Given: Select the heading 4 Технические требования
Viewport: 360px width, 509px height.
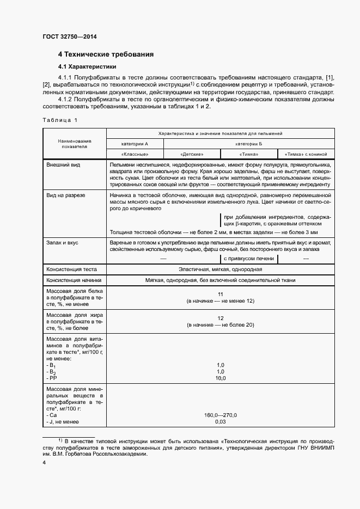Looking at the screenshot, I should (106, 54).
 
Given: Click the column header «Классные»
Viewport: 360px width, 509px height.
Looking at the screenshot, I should (135, 155).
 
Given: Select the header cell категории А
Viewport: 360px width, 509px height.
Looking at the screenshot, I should (135, 143).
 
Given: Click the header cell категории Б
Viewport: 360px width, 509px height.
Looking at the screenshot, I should (249, 143).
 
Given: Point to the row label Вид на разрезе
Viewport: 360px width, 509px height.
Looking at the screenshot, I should (66, 195).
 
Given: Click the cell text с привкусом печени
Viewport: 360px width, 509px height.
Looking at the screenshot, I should (248, 259).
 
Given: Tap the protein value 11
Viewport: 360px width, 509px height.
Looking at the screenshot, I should (220, 294).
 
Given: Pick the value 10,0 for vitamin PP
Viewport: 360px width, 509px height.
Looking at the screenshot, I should (220, 378).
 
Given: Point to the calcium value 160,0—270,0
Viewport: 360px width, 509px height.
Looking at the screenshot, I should (220, 415).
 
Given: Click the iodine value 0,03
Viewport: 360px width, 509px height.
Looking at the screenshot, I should (220, 422).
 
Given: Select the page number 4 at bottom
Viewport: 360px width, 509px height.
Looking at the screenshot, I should (44, 463).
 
